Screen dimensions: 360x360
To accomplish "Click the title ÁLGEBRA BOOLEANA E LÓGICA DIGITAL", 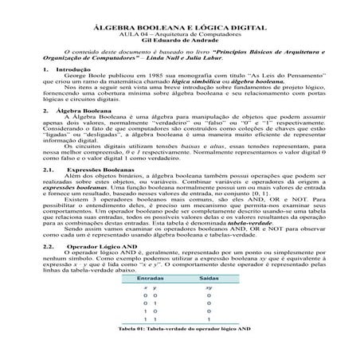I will (x=179, y=27).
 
